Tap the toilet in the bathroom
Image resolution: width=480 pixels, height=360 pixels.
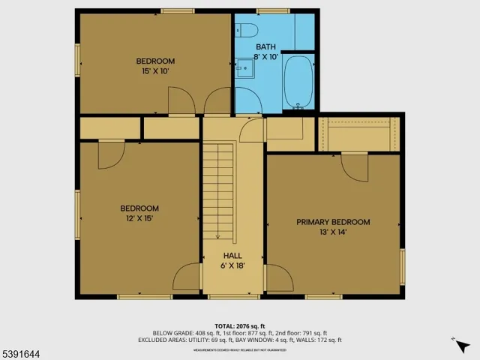click(245, 30)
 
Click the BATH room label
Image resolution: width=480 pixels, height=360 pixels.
click(266, 46)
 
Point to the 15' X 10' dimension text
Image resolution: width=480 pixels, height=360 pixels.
click(155, 71)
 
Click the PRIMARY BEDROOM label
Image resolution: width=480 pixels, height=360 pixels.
click(333, 222)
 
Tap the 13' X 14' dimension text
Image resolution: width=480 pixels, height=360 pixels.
click(333, 232)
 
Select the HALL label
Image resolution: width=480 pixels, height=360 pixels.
click(232, 256)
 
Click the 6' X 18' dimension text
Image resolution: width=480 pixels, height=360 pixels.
click(232, 265)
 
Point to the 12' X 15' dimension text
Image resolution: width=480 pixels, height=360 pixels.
click(139, 218)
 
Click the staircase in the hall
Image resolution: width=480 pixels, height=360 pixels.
click(220, 191)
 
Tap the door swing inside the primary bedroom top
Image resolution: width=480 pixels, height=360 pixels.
click(355, 165)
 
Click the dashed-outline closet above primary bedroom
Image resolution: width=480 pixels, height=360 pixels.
click(357, 134)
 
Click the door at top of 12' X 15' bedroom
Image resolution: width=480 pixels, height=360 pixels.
click(111, 154)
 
